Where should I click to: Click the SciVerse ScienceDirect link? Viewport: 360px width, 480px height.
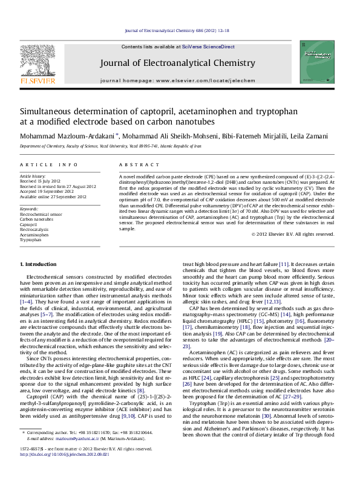(214, 47)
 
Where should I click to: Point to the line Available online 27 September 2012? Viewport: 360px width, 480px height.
(53, 195)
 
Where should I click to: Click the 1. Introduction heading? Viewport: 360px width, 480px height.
(39, 265)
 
